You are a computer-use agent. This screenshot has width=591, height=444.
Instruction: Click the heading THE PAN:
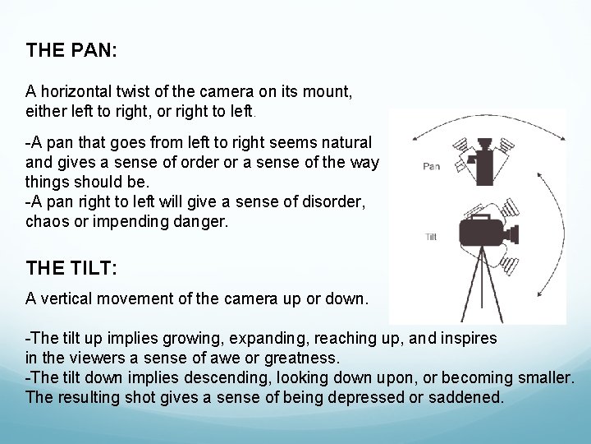tap(71, 50)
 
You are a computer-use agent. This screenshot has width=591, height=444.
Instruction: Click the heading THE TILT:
tap(71, 267)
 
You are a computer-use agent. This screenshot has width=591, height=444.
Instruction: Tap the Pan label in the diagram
tap(431, 166)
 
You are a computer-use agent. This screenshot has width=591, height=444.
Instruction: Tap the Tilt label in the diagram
tap(431, 237)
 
